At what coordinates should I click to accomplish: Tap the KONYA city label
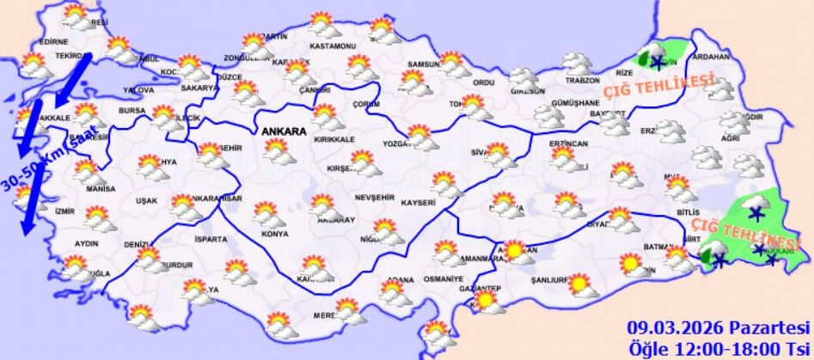pos(275,234)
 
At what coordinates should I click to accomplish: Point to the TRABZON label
pos(582,81)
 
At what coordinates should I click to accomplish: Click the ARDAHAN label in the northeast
pos(710,58)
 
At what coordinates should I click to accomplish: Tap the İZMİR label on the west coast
pos(64,211)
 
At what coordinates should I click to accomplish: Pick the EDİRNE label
pos(53,42)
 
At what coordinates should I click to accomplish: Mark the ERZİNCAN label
pos(569,143)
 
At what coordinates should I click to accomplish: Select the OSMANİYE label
pos(444,280)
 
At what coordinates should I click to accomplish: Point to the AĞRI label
pos(730,138)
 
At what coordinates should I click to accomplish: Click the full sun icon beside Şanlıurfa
pos(579,283)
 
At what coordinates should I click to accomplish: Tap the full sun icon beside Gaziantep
pos(487,301)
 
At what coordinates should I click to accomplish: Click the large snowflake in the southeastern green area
pos(756,213)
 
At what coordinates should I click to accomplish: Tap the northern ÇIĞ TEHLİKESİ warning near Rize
pos(658,86)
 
